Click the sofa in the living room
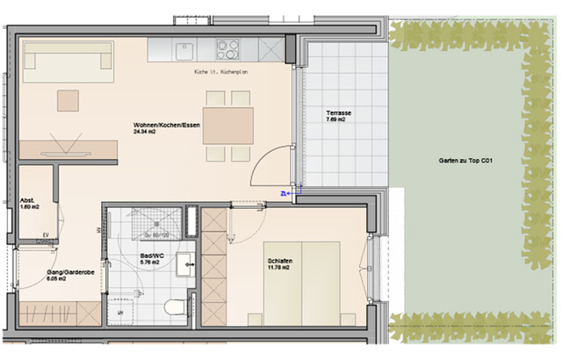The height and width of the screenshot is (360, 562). (x=68, y=60)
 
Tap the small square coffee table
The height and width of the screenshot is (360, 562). (x=68, y=100)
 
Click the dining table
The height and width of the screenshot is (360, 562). (x=228, y=125)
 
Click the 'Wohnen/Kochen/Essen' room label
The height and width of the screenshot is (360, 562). (x=167, y=125)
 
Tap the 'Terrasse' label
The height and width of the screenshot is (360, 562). (x=338, y=113)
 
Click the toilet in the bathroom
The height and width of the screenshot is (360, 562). (x=176, y=307)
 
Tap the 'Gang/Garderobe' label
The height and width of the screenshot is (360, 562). (x=69, y=273)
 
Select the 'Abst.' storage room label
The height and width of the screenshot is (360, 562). (x=27, y=200)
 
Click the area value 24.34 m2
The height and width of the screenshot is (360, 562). (x=146, y=132)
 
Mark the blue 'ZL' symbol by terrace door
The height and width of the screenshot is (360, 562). (x=284, y=193)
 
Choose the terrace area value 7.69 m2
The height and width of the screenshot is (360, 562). (x=335, y=120)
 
